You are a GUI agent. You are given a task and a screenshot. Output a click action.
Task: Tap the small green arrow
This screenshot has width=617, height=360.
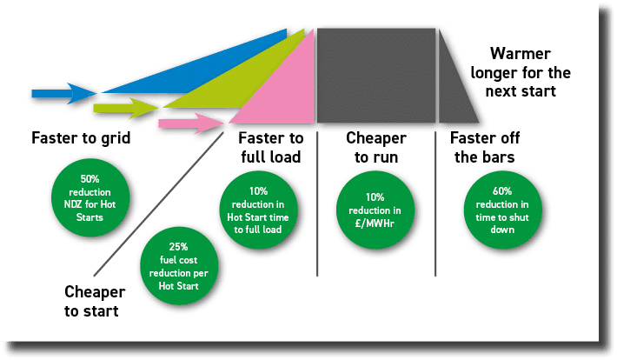(x=123, y=108)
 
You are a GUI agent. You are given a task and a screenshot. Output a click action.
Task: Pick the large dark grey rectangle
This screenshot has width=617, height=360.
(x=375, y=75)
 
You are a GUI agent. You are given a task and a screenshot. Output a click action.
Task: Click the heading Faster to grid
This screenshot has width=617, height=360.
(x=74, y=137)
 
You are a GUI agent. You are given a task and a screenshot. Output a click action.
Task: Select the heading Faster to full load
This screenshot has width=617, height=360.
(x=269, y=147)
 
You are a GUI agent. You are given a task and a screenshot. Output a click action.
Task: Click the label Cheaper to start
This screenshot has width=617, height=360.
(x=95, y=300)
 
